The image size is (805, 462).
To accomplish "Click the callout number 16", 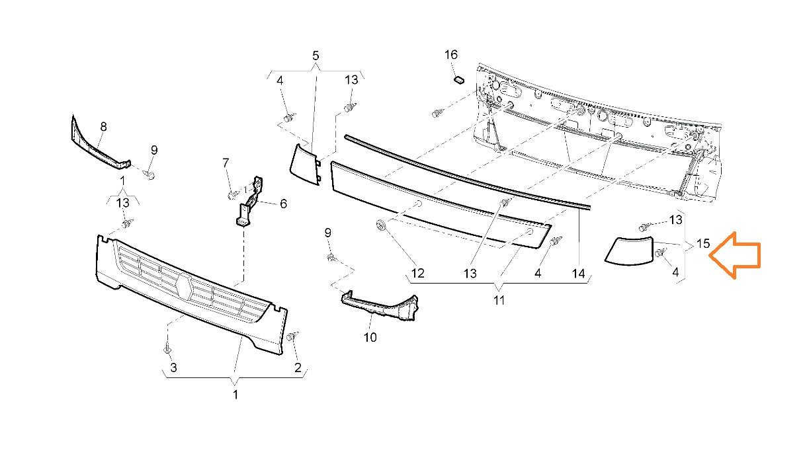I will (450, 55).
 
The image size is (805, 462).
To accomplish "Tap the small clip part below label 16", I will (456, 80).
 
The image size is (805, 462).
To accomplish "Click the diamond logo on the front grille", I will (185, 288).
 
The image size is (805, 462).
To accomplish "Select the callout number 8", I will (103, 126).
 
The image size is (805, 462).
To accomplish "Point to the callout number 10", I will (370, 338).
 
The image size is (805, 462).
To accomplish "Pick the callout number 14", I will (579, 273).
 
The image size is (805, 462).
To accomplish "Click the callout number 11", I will (499, 301).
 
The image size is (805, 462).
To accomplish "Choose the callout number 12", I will (417, 273).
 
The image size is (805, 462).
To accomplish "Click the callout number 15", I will (702, 244).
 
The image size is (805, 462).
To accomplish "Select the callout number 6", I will (283, 204).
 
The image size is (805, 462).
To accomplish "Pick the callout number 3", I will (173, 367).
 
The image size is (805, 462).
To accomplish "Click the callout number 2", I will (298, 367).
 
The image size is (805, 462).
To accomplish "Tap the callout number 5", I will (316, 55).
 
